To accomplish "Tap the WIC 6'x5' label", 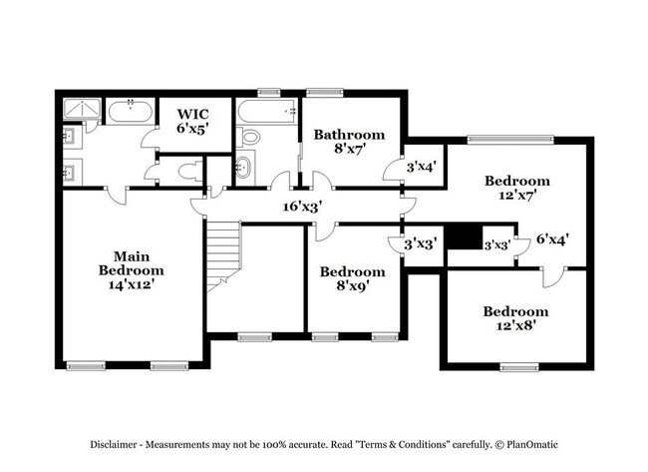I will pos(193,121).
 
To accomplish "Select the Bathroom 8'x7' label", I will pos(349,141).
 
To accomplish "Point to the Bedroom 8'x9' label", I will pos(352,278).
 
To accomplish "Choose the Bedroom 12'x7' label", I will pos(517,188).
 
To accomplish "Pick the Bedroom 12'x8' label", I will pos(515,317).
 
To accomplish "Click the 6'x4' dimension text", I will pos(552,239).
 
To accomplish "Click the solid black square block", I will pos(461,238).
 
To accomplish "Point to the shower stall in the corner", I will pos(79,111).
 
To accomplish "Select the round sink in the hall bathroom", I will pos(245,167).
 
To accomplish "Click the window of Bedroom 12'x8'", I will pos(515,366).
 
